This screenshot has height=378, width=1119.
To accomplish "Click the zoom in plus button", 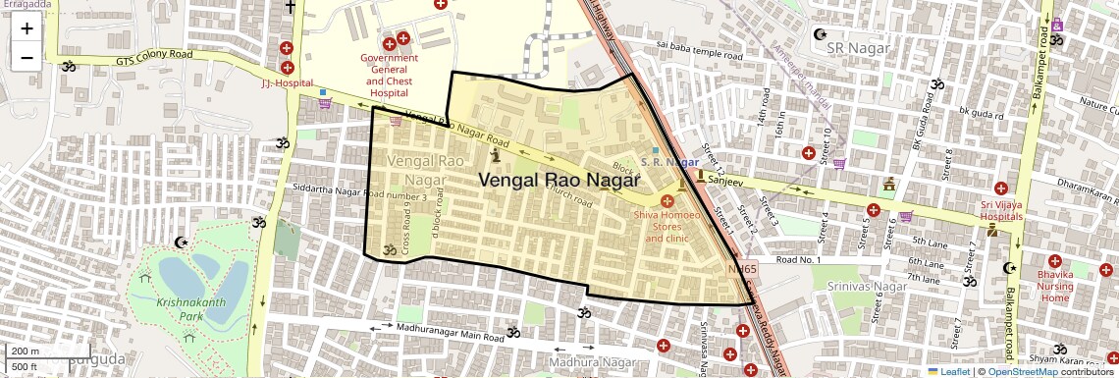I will [27, 27].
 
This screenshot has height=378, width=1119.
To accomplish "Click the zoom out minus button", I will [27, 56].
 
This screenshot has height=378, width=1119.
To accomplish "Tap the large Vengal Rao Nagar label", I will [559, 181].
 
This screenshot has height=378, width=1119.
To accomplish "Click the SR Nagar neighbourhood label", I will [858, 47].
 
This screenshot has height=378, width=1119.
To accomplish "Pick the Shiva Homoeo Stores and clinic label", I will [667, 226].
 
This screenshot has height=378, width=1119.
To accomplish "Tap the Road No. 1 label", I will [797, 259].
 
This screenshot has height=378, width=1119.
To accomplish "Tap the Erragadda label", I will [27, 5].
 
